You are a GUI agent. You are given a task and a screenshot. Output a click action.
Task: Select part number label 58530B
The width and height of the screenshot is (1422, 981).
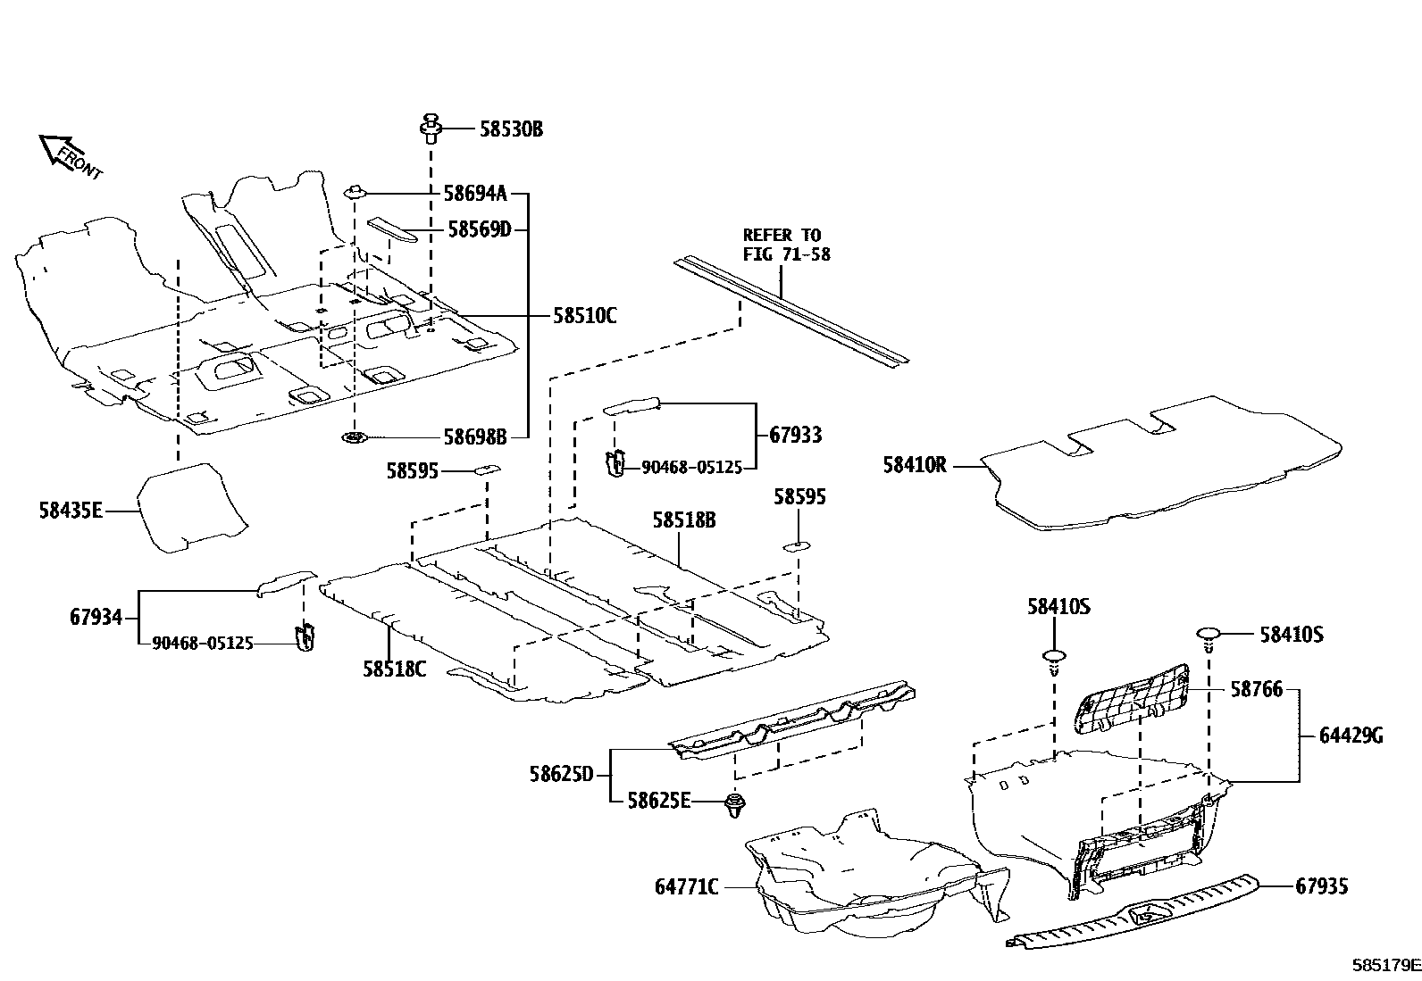511,129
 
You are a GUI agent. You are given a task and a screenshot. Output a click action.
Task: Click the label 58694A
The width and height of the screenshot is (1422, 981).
475,193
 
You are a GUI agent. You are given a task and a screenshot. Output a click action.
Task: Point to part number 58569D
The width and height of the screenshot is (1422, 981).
479,230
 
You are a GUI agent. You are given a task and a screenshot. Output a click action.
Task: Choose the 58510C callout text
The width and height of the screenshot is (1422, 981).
584,315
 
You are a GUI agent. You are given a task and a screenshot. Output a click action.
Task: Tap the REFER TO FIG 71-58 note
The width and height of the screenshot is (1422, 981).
786,245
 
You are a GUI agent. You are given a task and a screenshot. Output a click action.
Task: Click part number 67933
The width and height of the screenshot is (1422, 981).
795,436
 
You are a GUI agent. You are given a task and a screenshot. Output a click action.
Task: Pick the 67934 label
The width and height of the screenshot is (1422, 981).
96,617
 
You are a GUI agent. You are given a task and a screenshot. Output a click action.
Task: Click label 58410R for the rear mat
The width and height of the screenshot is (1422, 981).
914,465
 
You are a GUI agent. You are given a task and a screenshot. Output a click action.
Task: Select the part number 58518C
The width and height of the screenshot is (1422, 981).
394,668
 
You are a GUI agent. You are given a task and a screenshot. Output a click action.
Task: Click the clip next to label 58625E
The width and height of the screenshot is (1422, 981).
735,803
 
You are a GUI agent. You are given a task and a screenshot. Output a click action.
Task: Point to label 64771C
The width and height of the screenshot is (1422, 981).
686,887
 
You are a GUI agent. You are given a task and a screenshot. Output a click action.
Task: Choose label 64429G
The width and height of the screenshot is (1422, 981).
1351,736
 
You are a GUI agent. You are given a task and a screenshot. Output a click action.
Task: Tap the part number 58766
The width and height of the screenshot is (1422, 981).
1256,689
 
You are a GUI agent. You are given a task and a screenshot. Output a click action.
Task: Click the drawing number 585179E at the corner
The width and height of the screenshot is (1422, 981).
1385,965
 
